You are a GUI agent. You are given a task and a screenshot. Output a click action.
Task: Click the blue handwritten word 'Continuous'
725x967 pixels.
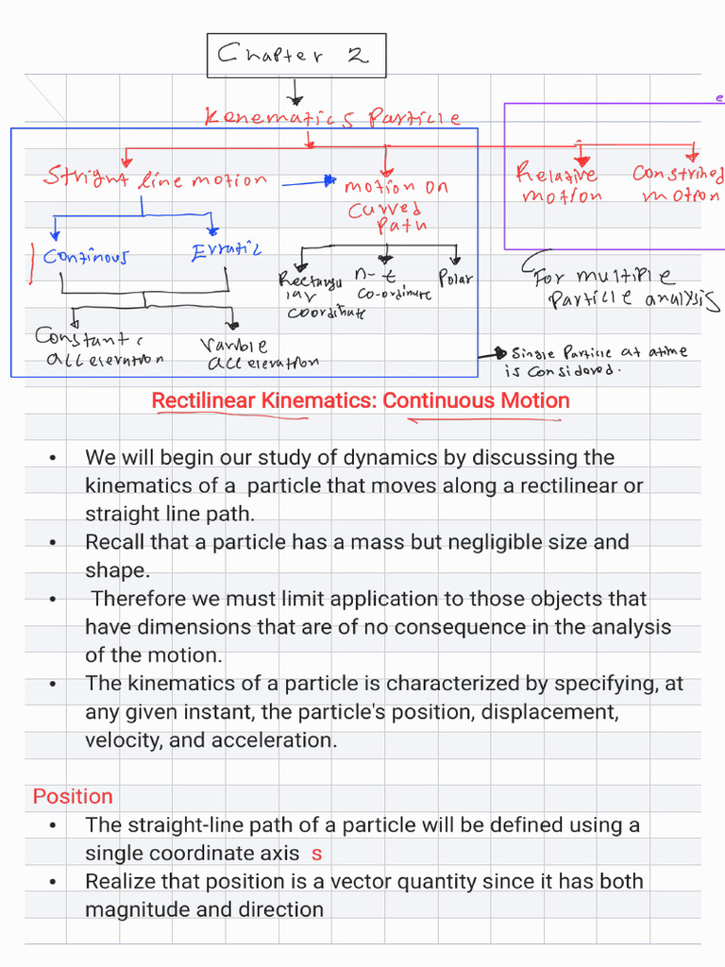tap(86, 256)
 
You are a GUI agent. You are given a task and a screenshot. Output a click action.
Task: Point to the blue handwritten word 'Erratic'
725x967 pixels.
tap(226, 252)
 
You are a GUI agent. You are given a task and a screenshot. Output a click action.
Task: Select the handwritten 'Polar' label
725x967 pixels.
tap(456, 279)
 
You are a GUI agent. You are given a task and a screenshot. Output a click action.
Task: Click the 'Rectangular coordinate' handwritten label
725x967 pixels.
tap(312, 296)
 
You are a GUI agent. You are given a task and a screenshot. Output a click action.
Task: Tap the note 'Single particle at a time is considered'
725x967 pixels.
tap(598, 360)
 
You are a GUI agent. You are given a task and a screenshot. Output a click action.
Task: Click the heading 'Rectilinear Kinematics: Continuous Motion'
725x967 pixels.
tap(361, 400)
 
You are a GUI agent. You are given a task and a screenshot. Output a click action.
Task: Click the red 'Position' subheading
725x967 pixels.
tap(73, 796)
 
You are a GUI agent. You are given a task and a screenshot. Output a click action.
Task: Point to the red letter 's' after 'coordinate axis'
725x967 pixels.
tap(316, 854)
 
